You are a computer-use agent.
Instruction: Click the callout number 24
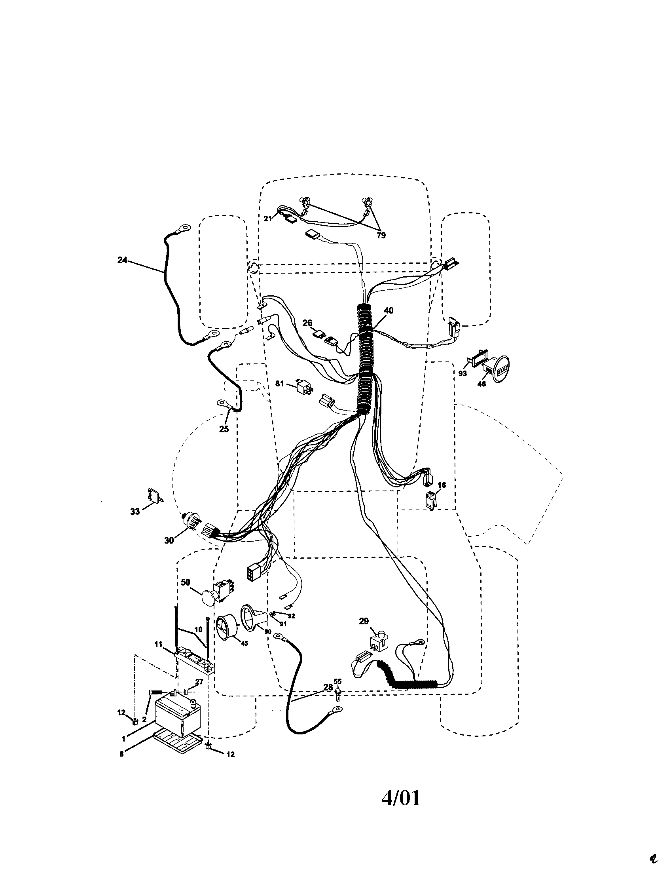[122, 260]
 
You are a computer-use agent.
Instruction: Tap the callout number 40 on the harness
[388, 310]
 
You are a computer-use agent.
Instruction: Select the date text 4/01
[401, 787]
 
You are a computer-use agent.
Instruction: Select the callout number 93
[462, 374]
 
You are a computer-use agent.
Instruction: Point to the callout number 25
[224, 429]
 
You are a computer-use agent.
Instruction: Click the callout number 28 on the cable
[328, 687]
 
